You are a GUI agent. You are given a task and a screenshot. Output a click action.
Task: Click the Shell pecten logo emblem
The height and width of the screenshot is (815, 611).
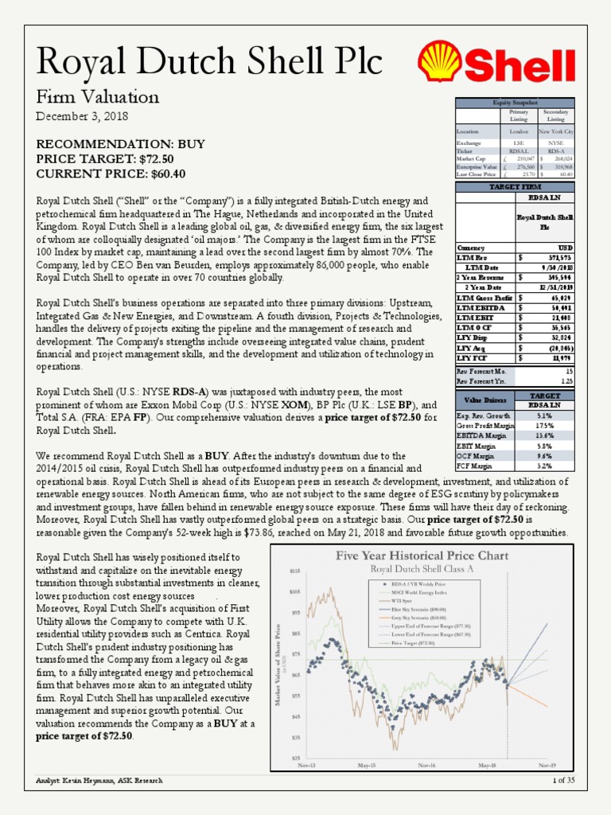coord(443,65)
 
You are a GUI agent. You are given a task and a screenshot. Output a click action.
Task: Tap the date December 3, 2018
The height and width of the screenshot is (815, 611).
coord(81,116)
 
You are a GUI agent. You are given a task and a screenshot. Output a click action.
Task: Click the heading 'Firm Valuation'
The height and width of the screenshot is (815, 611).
coord(98,97)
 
